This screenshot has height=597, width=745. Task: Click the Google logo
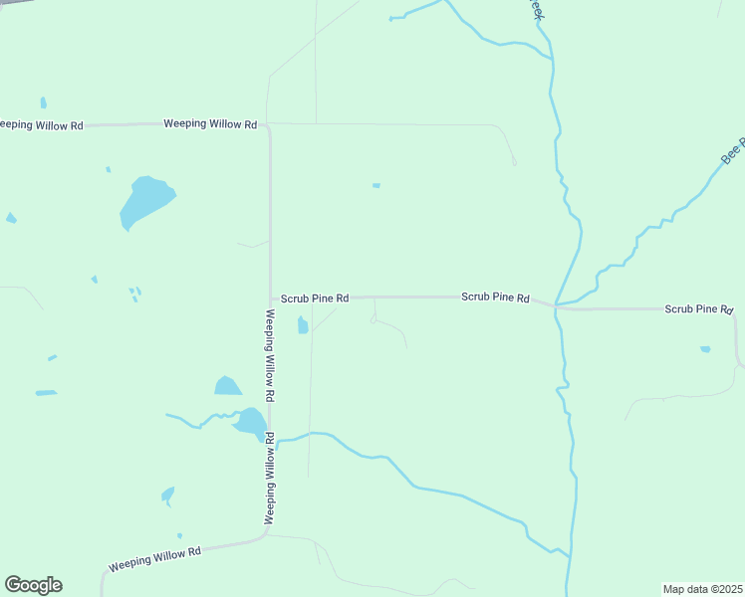pyautogui.click(x=33, y=585)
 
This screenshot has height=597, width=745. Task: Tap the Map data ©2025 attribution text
pyautogui.click(x=702, y=589)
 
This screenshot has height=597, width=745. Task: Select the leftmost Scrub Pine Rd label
pyautogui.click(x=314, y=298)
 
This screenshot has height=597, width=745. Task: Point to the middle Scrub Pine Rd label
pyautogui.click(x=495, y=298)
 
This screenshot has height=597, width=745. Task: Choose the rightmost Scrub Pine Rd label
pyautogui.click(x=698, y=309)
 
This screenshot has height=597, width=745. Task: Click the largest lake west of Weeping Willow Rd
pyautogui.click(x=145, y=202)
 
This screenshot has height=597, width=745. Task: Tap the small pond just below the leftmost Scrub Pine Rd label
pyautogui.click(x=303, y=325)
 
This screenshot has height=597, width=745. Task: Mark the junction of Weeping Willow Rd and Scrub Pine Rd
pyautogui.click(x=271, y=297)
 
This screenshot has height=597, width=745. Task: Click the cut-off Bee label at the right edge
pyautogui.click(x=732, y=153)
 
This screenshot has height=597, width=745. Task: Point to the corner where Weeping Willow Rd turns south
pyautogui.click(x=269, y=127)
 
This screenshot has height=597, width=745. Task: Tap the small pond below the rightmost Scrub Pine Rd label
pyautogui.click(x=705, y=349)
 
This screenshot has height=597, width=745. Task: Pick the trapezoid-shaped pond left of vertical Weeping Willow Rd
pyautogui.click(x=227, y=386)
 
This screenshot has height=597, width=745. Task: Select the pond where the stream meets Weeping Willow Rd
pyautogui.click(x=250, y=423)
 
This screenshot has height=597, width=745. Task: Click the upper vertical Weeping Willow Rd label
pyautogui.click(x=270, y=355)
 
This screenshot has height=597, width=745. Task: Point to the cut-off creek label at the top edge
pyautogui.click(x=536, y=10)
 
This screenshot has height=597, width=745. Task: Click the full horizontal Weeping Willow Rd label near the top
pyautogui.click(x=210, y=124)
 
